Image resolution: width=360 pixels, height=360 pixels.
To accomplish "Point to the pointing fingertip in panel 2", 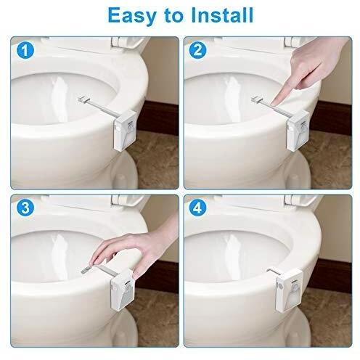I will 282,93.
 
